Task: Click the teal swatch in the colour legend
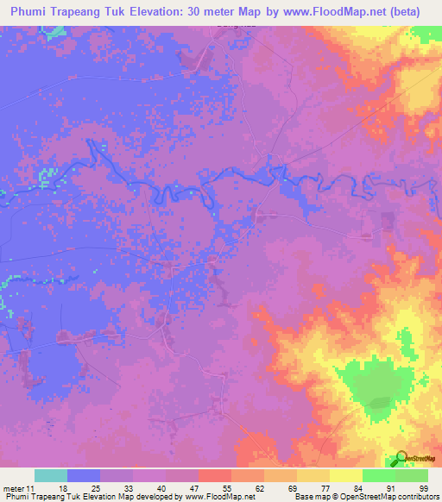coord(51,475)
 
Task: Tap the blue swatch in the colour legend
coord(84,475)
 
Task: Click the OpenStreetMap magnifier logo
coord(401,458)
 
